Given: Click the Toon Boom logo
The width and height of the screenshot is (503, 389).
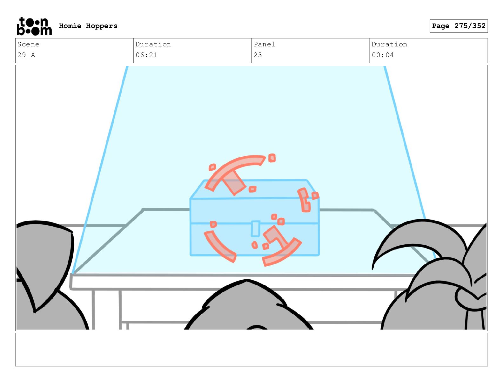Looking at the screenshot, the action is point(34,26).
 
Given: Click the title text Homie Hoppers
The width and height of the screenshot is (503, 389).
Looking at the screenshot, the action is point(88,26).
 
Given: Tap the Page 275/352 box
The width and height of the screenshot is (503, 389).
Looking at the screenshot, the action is point(458,26).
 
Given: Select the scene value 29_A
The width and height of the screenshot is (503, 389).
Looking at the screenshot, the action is point(26,55).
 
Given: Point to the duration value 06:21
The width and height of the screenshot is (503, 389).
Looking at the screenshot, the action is point(146,55).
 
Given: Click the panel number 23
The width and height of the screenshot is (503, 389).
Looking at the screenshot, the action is point(258,55).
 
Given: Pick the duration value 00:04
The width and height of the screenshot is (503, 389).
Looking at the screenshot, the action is point(383,55).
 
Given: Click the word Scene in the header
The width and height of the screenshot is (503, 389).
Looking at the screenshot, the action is point(28,44).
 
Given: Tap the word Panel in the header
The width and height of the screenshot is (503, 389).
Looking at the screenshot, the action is point(264,44).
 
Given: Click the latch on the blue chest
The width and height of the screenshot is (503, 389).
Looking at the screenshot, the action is point(255,229).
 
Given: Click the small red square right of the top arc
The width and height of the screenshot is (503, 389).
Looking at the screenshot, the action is point(272,158).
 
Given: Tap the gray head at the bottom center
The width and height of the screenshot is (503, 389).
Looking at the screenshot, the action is point(248,305).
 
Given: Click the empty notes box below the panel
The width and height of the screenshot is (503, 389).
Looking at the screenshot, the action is point(251,349).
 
